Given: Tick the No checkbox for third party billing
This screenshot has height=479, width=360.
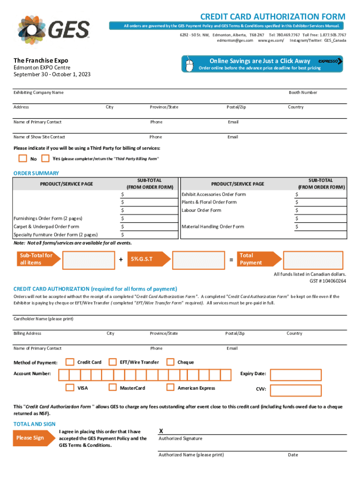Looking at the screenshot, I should click(x=22, y=159).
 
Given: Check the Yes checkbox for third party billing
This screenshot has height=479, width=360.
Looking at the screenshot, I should click(x=45, y=158).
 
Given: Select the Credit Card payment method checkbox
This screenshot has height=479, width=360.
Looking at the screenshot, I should click(x=70, y=362).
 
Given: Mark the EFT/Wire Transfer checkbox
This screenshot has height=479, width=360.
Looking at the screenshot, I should click(x=113, y=362).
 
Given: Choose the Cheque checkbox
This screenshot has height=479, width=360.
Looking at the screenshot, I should click(x=170, y=362).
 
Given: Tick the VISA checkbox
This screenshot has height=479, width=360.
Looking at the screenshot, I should click(x=70, y=387).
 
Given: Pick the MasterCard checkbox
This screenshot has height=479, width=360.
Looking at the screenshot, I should click(x=113, y=387).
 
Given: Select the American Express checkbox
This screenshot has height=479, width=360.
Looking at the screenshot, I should click(x=170, y=387).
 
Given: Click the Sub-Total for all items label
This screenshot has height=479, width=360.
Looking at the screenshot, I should click(x=35, y=259).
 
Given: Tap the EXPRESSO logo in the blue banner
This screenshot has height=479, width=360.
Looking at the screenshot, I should click(x=329, y=61).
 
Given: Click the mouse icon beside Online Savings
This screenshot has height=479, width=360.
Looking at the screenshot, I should click(x=189, y=65).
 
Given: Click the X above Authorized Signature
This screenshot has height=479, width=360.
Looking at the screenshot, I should click(x=161, y=430).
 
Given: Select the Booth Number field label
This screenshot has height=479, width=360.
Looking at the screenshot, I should click(x=302, y=93).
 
